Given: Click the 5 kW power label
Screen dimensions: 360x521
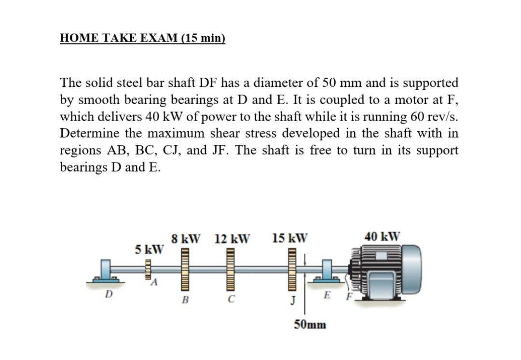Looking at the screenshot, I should tap(149, 249).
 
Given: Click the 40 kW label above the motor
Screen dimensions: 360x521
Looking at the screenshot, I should tap(383, 236).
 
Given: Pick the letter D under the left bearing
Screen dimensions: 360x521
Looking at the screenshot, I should tap(109, 293).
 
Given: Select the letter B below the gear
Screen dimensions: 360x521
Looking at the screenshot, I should tap(185, 300).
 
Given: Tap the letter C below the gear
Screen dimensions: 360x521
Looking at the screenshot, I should tap(232, 300).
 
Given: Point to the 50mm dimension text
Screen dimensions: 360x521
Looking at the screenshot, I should tap(310, 324).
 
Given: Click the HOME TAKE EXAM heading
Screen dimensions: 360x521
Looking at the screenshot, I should tap(143, 38).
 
